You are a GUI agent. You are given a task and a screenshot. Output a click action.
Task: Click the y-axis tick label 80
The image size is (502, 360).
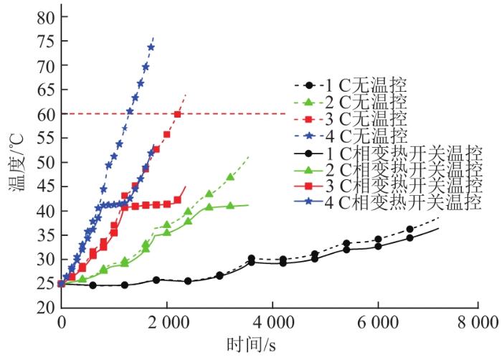[47, 17]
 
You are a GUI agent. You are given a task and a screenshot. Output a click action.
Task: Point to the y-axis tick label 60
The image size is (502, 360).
[47, 114]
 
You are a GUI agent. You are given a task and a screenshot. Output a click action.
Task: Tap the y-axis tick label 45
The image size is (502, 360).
[47, 186]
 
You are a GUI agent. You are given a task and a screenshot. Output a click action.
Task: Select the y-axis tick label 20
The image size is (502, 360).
[47, 307]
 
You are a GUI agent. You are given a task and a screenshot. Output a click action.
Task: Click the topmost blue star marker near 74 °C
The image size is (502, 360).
[151, 47]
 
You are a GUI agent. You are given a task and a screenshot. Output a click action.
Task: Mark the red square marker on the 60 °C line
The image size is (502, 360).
[177, 114]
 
